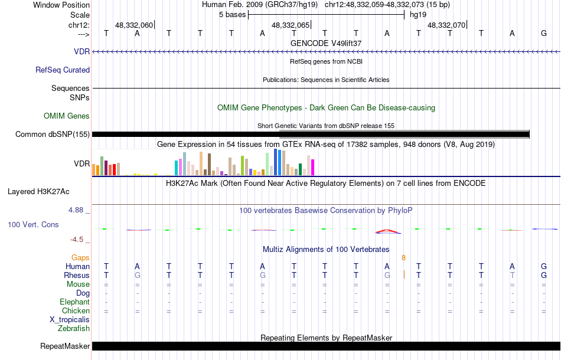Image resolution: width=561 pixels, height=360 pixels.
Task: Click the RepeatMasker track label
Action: coord(65,346)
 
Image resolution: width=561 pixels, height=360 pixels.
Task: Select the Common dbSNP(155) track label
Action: coord(53,134)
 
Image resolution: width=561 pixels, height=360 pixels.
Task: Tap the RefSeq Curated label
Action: coord(63,70)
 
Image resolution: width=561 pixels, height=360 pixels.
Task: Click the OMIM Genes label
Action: coord(67,116)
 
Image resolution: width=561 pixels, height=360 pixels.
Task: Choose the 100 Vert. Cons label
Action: coord(34,225)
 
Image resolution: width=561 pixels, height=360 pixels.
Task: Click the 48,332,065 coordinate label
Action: coord(291,25)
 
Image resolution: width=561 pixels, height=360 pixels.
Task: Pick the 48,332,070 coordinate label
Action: coord(446,25)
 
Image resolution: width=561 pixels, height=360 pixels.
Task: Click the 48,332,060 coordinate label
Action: coord(134,25)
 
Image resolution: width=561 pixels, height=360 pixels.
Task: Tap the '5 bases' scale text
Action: coord(232,14)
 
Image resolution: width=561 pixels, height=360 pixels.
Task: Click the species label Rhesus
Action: coord(77,275)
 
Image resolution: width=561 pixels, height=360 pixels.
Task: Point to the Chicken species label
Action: coord(76,310)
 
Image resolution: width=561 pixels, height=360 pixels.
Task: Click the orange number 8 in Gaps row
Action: coord(404,257)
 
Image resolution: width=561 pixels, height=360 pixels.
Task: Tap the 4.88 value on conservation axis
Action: coord(79,210)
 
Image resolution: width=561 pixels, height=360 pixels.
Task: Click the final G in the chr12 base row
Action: coord(544,33)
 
